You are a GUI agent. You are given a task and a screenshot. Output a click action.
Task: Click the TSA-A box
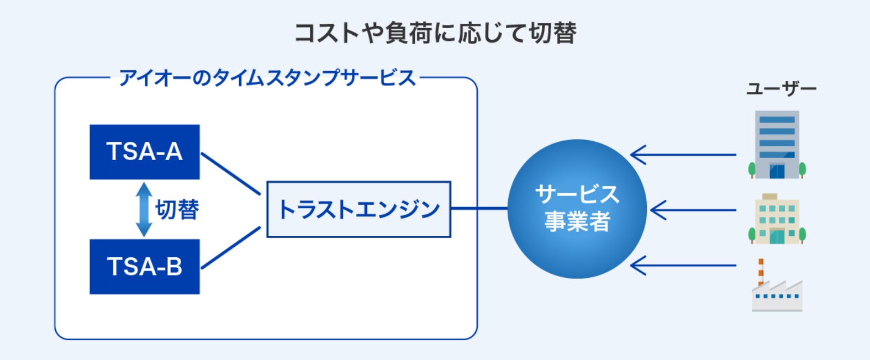(145, 152)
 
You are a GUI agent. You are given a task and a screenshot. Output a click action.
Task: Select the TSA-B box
(145, 267)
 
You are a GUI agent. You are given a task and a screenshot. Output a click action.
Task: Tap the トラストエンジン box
(359, 209)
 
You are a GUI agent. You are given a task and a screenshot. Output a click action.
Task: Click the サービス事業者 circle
(577, 209)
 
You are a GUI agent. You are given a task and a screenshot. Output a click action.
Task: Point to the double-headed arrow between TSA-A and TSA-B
(144, 209)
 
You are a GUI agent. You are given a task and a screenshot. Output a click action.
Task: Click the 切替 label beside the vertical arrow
(177, 210)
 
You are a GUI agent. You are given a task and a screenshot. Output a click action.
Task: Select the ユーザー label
(781, 89)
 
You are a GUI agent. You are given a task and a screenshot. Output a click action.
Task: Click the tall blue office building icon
(777, 145)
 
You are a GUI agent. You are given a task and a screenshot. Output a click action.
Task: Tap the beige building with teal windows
(777, 219)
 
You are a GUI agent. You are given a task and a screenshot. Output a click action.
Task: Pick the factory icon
(777, 285)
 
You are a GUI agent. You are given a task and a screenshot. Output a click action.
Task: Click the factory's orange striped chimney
(761, 272)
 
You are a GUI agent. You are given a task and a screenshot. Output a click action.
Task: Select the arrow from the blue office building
(683, 155)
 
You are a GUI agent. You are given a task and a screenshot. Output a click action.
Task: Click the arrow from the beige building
(693, 210)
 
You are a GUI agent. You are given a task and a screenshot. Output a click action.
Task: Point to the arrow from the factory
(683, 266)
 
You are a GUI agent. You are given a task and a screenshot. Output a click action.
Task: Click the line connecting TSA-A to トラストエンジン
(231, 173)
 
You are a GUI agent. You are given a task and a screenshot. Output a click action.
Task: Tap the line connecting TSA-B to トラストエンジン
(231, 248)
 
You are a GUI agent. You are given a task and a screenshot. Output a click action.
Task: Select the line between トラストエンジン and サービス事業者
(479, 209)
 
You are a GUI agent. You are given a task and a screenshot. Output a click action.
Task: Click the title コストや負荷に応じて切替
(435, 33)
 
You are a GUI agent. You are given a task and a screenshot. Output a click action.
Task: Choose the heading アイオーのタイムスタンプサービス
(267, 78)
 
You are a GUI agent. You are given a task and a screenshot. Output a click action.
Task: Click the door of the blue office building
(777, 171)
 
